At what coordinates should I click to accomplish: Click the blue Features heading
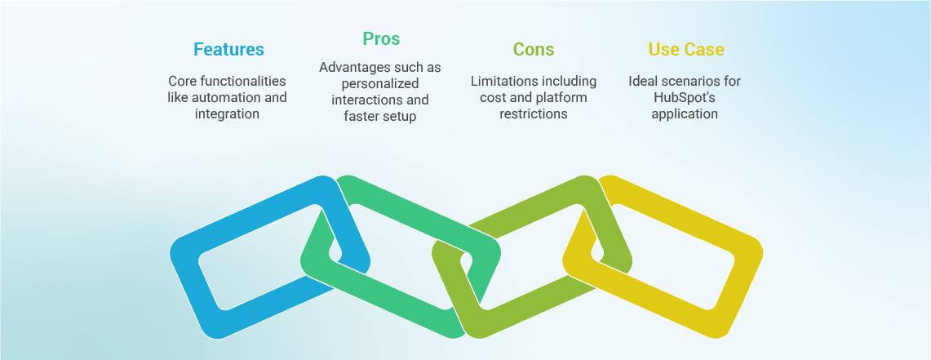point(228,50)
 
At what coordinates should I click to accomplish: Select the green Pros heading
point(381,38)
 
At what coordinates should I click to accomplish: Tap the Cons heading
point(534,50)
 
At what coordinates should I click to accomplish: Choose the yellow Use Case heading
point(686,50)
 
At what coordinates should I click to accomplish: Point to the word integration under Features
point(227,114)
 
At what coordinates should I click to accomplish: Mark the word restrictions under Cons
point(533,114)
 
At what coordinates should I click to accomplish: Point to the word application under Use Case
point(685,114)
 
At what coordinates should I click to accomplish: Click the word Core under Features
point(184,82)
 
